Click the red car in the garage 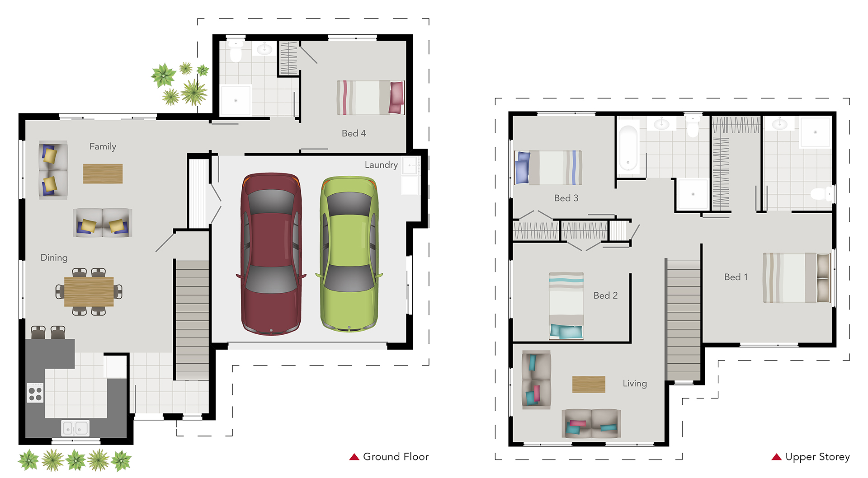tap(271, 253)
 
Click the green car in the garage tap(349, 253)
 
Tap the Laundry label tap(381, 165)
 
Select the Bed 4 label tap(354, 133)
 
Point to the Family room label tap(103, 146)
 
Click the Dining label tap(54, 258)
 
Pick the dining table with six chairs tap(89, 291)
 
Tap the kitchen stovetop tap(35, 392)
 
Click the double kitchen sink tap(75, 427)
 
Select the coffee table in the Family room tap(103, 173)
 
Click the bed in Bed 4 tap(370, 98)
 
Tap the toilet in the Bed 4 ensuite tap(236, 51)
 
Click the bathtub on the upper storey tap(628, 148)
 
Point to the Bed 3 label tap(566, 198)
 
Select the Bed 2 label tap(605, 295)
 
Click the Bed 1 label tap(736, 277)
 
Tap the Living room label tap(635, 384)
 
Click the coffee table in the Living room tap(589, 384)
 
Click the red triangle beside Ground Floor tap(354, 457)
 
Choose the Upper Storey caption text tap(817, 457)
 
